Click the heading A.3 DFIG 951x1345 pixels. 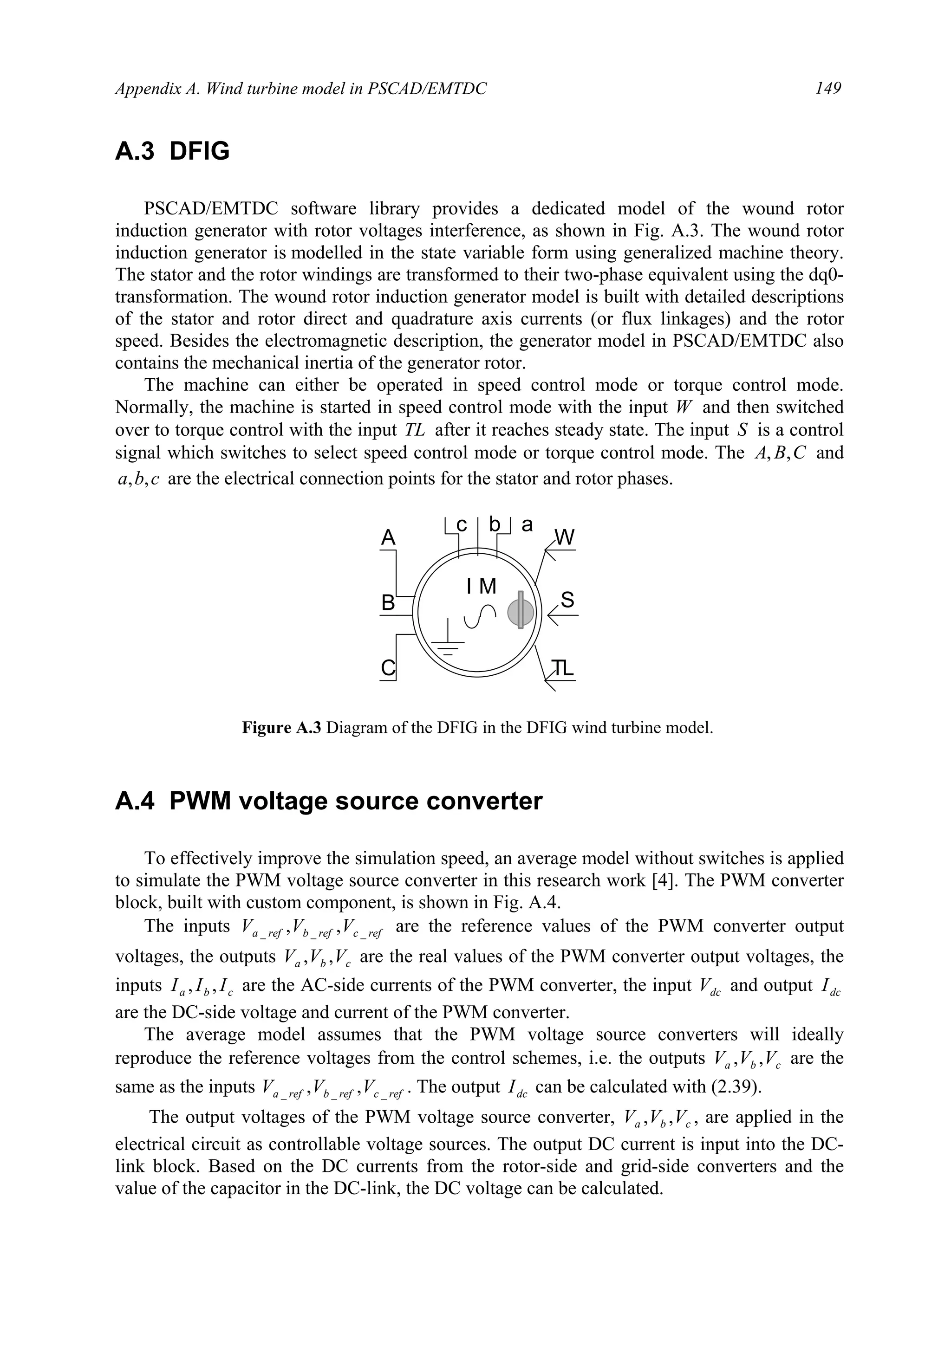[172, 152]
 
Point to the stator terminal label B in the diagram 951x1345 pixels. [388, 602]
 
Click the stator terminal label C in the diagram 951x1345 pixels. [388, 668]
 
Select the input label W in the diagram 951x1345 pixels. [565, 537]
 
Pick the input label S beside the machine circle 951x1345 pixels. [567, 600]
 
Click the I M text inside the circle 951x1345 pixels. [482, 586]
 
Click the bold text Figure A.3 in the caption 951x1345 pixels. [281, 728]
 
